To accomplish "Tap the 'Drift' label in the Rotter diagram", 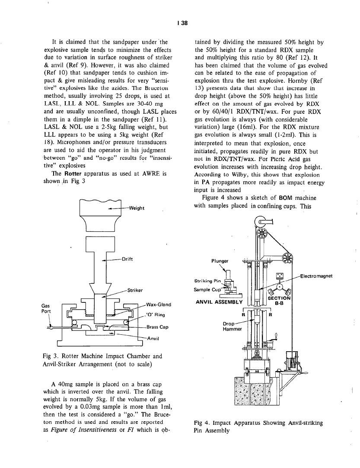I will pos(127,260).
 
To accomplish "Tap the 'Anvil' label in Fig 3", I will pos(154,338).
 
